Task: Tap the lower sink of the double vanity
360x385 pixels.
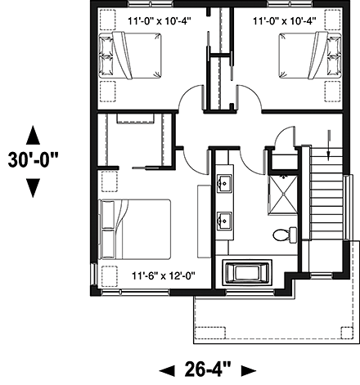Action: [x=223, y=219]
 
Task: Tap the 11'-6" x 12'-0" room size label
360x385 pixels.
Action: [x=160, y=276]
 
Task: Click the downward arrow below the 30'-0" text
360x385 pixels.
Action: [x=33, y=187]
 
